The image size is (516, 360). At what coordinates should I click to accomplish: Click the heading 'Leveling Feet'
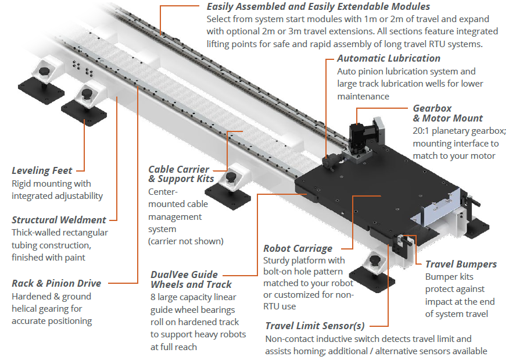pyautogui.click(x=42, y=170)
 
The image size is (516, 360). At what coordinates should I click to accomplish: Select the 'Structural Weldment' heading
pyautogui.click(x=59, y=220)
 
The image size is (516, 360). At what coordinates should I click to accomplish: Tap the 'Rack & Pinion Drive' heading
pyautogui.click(x=56, y=283)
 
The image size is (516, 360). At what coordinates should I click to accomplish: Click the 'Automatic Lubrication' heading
pyautogui.click(x=388, y=58)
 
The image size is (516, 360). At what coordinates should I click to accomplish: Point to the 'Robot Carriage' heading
pyautogui.click(x=298, y=248)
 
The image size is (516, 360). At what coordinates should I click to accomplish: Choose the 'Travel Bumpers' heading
pyautogui.click(x=461, y=264)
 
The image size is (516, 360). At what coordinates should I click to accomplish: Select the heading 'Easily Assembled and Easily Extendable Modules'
pyautogui.click(x=318, y=7)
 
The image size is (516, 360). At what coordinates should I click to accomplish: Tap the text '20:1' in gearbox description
pyautogui.click(x=422, y=131)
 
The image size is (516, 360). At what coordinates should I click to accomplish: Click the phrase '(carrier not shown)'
pyautogui.click(x=185, y=241)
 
